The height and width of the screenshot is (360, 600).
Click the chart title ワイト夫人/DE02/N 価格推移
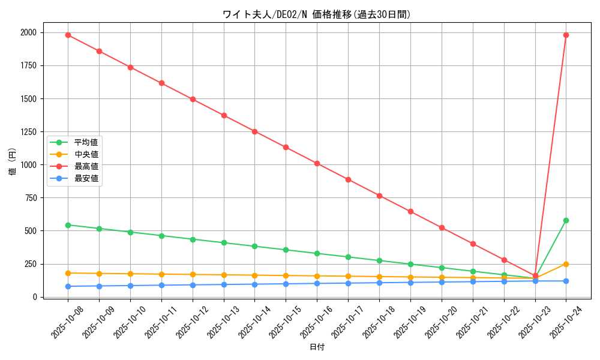316,14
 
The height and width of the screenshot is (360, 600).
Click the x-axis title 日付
317,347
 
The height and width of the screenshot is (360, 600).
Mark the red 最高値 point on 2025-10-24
566,35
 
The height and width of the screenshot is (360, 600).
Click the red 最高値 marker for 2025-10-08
68,35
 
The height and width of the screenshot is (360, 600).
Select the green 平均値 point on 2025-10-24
566,220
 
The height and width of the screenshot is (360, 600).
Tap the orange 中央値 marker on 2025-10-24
566,264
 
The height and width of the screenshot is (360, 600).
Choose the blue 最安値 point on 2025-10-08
68,286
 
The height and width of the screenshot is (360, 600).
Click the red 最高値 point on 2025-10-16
317,163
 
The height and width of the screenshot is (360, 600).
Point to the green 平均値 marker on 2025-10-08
68,225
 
